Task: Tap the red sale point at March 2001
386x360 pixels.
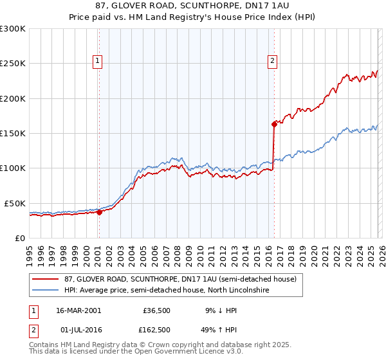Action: (100, 213)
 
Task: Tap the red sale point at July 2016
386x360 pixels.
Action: (274, 124)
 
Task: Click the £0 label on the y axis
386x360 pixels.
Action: (21, 238)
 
